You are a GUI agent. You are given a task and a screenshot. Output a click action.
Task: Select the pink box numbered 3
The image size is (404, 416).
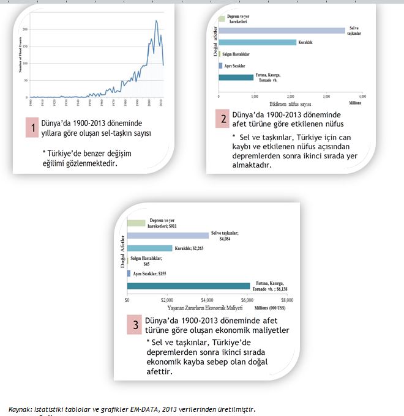[135, 325]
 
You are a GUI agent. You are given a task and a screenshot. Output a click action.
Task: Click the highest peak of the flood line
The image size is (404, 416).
[156, 21]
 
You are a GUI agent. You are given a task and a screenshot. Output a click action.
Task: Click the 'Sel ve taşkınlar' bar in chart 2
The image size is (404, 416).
[282, 29]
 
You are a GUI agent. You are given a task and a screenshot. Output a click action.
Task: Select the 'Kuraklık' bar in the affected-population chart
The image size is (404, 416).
[257, 42]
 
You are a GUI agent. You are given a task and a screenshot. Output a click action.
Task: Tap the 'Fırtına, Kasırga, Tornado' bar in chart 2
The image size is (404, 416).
[236, 77]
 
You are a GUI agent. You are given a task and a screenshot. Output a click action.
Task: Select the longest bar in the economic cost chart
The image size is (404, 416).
[189, 286]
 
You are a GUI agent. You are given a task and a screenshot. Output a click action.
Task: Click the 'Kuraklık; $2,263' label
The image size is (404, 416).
[189, 248]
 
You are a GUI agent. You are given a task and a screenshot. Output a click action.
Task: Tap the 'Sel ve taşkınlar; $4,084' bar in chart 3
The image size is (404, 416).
[168, 235]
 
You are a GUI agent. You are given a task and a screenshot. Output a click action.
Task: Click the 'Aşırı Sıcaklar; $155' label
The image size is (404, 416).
[151, 273]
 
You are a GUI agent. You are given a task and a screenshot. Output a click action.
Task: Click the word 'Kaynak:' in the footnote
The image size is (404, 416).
[20, 409]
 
